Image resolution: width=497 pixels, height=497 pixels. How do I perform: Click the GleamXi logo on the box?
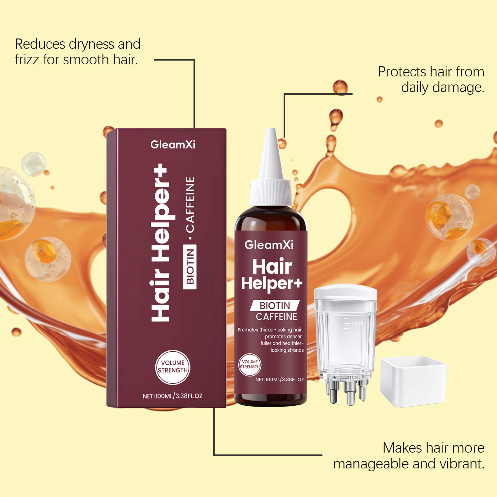pyautogui.click(x=173, y=144)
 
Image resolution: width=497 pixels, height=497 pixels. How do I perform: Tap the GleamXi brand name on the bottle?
pyautogui.click(x=269, y=245)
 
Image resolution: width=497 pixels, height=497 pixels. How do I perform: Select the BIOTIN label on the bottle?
pyautogui.click(x=275, y=306)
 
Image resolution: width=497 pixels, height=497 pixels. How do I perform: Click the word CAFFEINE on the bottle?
pyautogui.click(x=276, y=317)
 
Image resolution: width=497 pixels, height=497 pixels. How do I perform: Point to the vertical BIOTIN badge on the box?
pyautogui.click(x=190, y=267)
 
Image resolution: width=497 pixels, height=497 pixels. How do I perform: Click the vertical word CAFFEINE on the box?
pyautogui.click(x=190, y=204)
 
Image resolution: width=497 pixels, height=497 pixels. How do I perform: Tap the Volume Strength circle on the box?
pyautogui.click(x=173, y=367)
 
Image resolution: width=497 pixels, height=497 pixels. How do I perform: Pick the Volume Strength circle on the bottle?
pyautogui.click(x=250, y=365)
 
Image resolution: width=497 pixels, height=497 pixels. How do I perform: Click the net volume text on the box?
pyautogui.click(x=172, y=396)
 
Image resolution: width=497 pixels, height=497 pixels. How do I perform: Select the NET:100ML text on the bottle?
pyautogui.click(x=280, y=380)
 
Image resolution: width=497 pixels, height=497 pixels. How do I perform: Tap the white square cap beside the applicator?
pyautogui.click(x=413, y=381)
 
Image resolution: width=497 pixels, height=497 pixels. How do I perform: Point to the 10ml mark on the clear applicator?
pyautogui.click(x=357, y=323)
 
